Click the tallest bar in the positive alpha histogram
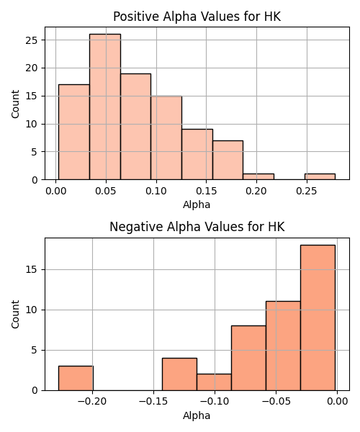coord(105,107)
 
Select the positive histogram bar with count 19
coord(135,127)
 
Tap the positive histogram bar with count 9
coord(197,154)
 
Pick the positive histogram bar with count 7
coord(228,160)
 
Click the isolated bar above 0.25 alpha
coord(320,176)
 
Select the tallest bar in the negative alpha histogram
coord(318,318)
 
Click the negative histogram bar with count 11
coord(283,346)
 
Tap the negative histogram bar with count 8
coord(248,358)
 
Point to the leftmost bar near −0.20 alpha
coord(76,378)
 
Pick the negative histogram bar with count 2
coord(214,382)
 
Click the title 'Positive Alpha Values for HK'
coord(197,17)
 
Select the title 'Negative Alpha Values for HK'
coord(197,227)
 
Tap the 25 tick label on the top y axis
coord(31,40)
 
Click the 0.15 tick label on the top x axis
coord(207,191)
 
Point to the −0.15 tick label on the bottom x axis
coord(153,402)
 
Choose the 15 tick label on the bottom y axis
coord(31,270)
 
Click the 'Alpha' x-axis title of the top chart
coord(197,204)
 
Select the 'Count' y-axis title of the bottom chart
coord(15,314)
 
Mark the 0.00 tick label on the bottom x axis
coord(338,402)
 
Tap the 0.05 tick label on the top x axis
coord(106,191)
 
